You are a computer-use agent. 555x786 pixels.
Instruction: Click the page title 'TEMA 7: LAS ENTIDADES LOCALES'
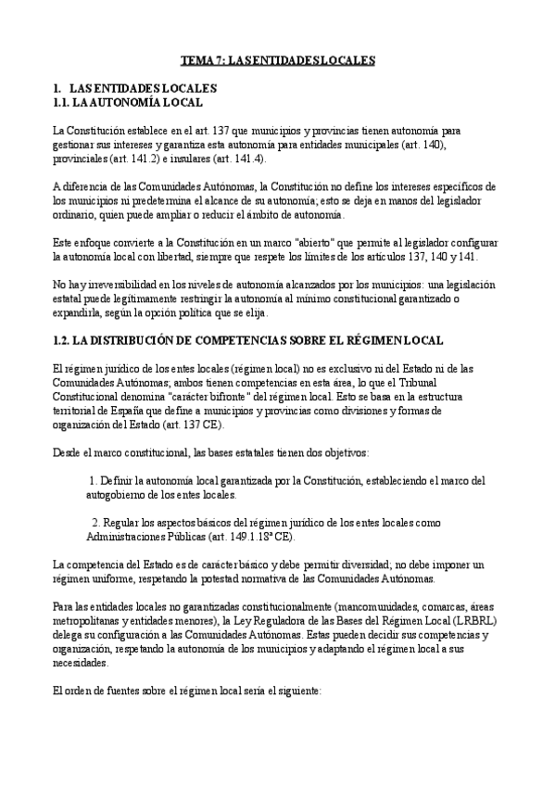(x=277, y=60)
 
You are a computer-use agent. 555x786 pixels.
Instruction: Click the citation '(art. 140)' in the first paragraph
(x=427, y=146)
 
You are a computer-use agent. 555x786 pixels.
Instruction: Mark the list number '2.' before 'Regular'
(x=95, y=522)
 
